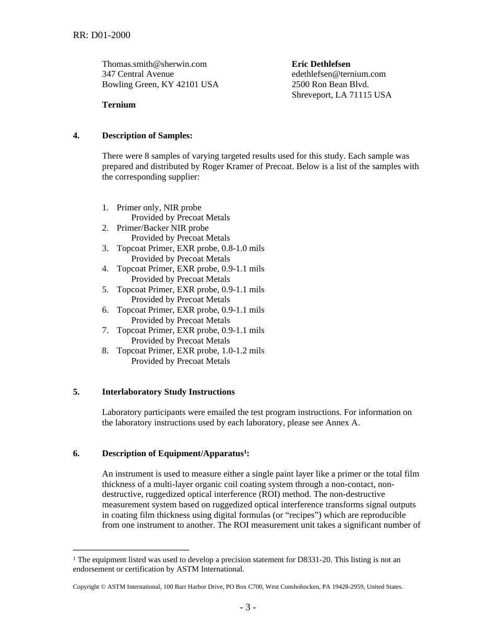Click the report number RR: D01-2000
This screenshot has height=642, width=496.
coord(101,35)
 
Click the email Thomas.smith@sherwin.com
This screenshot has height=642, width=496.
coord(154,64)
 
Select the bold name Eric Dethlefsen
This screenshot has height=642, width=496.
coord(321,64)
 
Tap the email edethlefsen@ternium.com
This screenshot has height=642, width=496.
coord(338,74)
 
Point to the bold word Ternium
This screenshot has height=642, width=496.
coord(119,105)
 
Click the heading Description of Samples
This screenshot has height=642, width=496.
coord(147,136)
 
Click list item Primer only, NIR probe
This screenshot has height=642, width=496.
coord(159,208)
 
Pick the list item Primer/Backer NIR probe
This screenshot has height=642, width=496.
coord(162,228)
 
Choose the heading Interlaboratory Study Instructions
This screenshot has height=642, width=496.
coord(168,392)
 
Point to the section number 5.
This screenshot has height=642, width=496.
coord(76,392)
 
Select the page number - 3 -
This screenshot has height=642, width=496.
coord(248,607)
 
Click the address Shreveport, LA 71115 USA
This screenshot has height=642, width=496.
coord(341,95)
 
